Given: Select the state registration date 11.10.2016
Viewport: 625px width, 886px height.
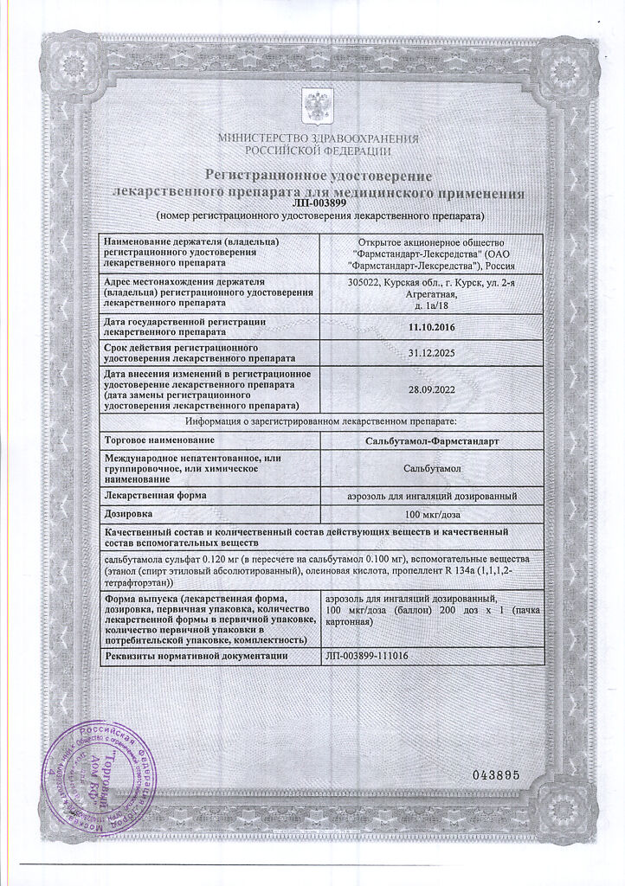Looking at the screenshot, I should [431, 327].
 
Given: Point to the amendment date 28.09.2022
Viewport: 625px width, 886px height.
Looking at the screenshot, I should [431, 389].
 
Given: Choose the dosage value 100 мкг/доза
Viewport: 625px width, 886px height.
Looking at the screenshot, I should [431, 514].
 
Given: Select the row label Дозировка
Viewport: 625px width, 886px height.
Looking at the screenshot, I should [128, 514].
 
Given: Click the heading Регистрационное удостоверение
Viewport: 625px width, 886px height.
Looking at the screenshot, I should [312, 176].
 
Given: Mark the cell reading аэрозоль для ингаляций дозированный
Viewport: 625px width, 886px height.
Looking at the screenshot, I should [431, 496].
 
